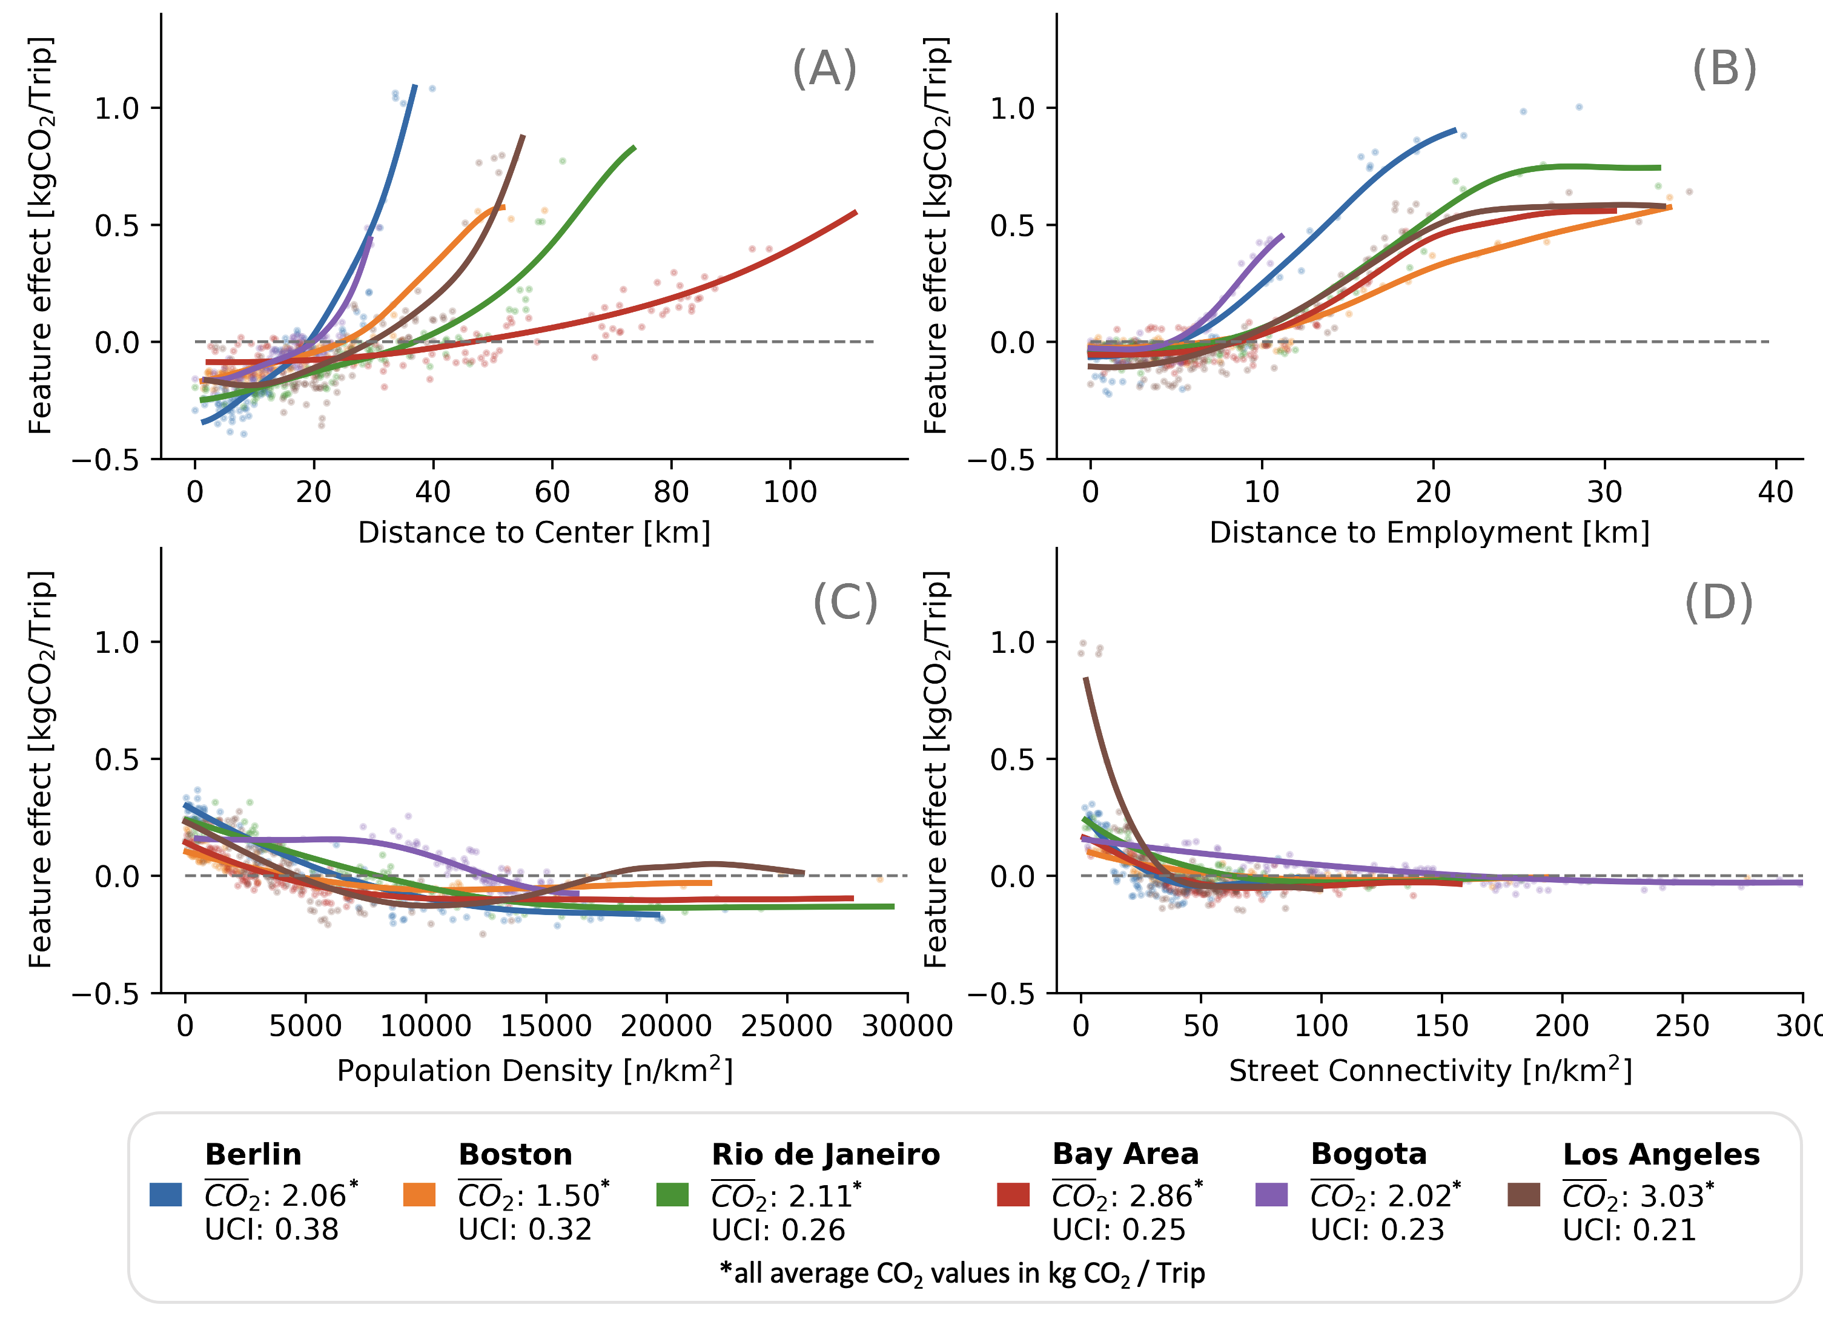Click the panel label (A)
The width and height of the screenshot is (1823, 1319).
pyautogui.click(x=825, y=68)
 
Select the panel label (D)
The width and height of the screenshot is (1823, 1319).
pyautogui.click(x=1718, y=602)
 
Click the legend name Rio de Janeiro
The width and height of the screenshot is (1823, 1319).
pyautogui.click(x=825, y=1154)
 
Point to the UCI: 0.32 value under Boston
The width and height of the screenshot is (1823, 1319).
pyautogui.click(x=525, y=1230)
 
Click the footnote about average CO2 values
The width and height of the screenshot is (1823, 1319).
pyautogui.click(x=962, y=1273)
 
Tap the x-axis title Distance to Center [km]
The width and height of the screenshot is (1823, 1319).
pyautogui.click(x=534, y=533)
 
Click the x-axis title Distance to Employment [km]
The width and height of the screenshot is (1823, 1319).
pyautogui.click(x=1429, y=533)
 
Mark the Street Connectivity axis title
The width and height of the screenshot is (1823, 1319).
pyautogui.click(x=1430, y=1071)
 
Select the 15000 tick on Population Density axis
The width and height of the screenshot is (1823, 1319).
pyautogui.click(x=546, y=1026)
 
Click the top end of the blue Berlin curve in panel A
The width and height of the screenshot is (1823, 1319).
pyautogui.click(x=415, y=85)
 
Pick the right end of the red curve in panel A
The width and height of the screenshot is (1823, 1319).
pyautogui.click(x=856, y=212)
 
